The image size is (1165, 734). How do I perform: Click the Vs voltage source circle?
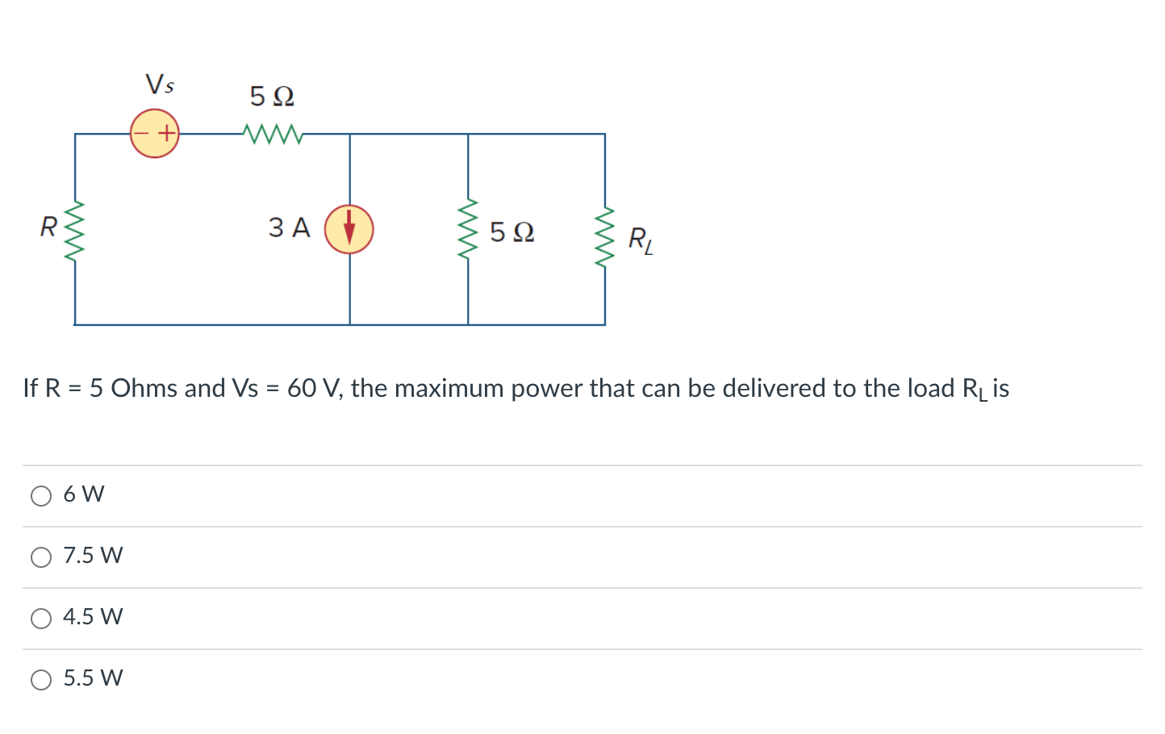[x=154, y=133]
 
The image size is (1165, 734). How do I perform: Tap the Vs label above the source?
[x=159, y=84]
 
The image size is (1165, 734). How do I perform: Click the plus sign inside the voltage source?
[x=166, y=133]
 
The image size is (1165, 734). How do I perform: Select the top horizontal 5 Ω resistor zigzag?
[x=273, y=134]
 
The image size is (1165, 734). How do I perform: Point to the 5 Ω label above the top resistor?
[x=272, y=97]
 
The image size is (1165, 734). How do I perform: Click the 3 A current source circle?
[x=349, y=229]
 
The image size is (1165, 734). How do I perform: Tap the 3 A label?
[x=289, y=227]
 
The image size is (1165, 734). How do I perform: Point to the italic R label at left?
[x=48, y=227]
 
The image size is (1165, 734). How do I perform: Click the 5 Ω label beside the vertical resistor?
[x=512, y=232]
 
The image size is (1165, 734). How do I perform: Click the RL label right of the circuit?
[x=641, y=240]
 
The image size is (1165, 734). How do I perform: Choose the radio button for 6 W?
[x=41, y=495]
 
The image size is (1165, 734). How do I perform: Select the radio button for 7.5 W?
[x=41, y=557]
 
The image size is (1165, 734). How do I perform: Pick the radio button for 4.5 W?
[x=41, y=618]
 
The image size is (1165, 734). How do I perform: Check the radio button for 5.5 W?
[x=41, y=679]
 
